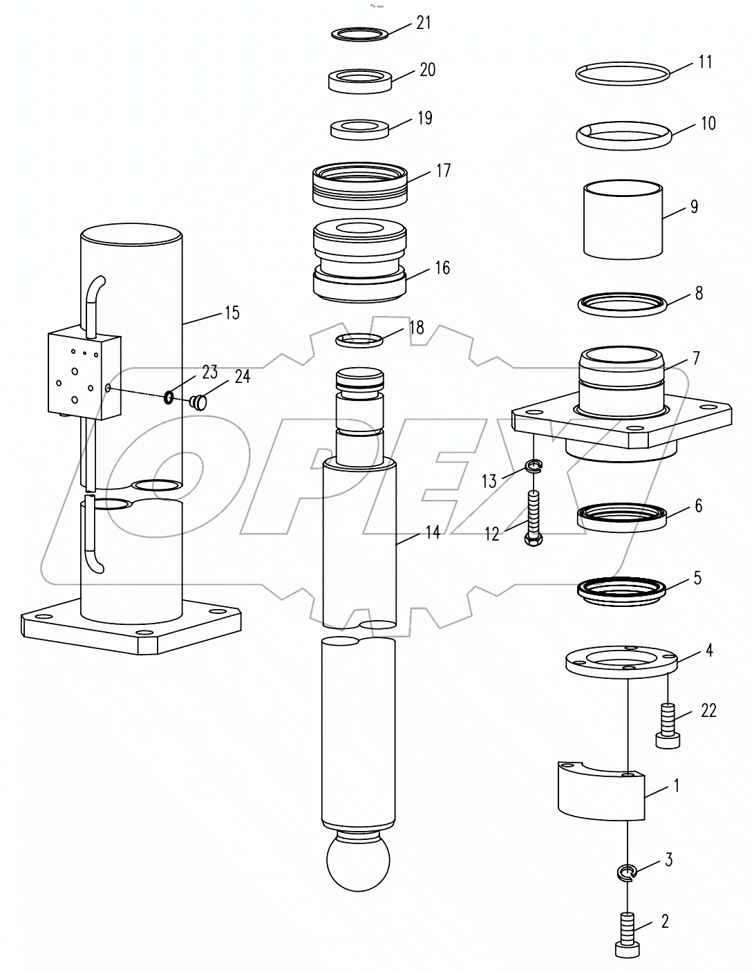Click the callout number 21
(x=424, y=23)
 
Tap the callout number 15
(x=232, y=313)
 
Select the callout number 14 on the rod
(x=432, y=533)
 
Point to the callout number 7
(x=695, y=358)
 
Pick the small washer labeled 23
(x=168, y=397)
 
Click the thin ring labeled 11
(x=623, y=73)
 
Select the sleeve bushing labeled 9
(x=623, y=220)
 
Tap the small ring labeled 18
(x=359, y=339)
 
